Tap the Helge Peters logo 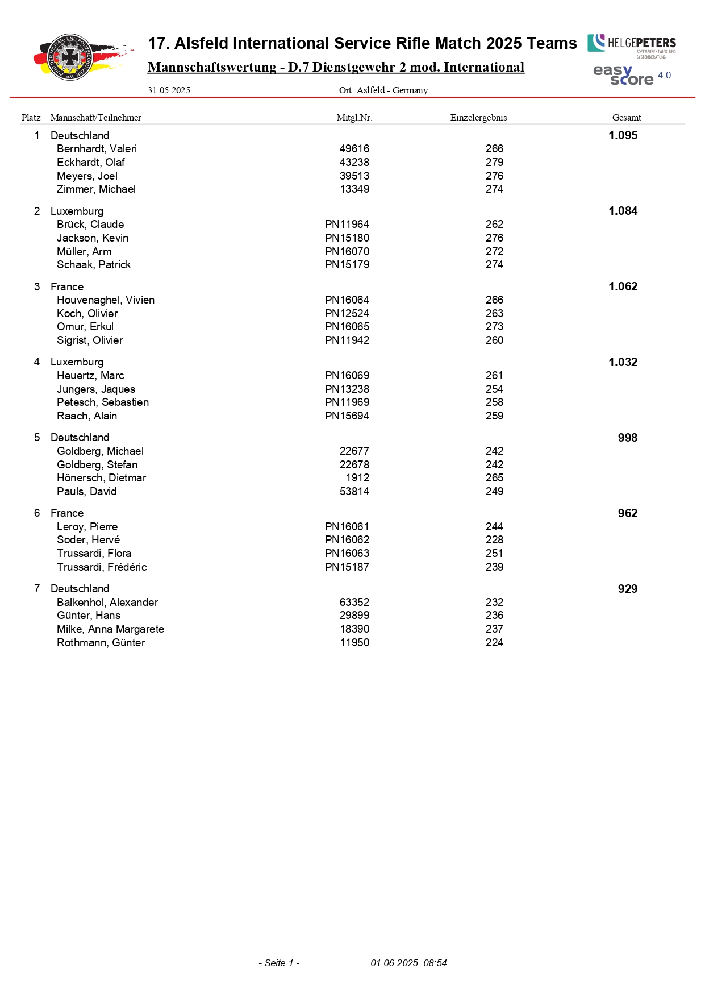tap(632, 44)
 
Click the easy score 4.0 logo tap(631, 75)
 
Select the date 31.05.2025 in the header tap(169, 90)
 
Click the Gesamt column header tap(626, 118)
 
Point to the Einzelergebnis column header tap(478, 118)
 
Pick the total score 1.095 tap(623, 135)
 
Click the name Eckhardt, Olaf tap(90, 163)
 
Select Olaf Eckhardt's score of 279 tap(494, 163)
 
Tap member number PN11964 tap(347, 225)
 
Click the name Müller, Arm tap(84, 251)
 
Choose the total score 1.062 tap(623, 286)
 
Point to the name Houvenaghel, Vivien tap(106, 300)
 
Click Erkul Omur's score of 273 tap(494, 327)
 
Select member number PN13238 tap(347, 389)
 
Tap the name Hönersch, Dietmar tap(101, 478)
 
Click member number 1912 tap(357, 478)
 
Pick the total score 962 tap(627, 513)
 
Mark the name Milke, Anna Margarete tap(110, 629)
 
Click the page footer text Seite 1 tap(279, 963)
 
